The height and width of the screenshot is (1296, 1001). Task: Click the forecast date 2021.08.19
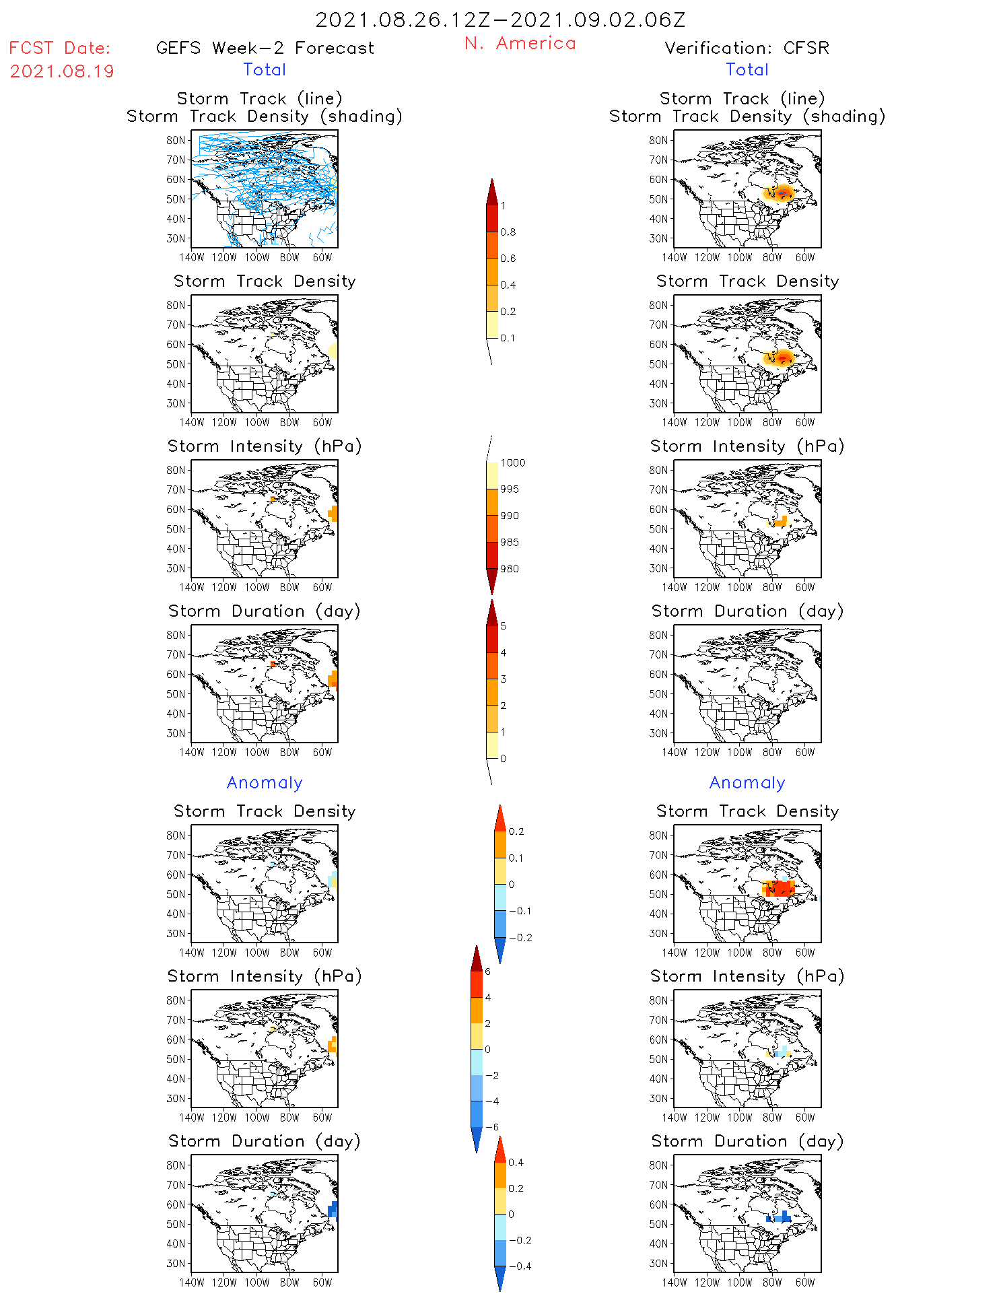(x=62, y=71)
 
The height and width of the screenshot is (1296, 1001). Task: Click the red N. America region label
(x=520, y=43)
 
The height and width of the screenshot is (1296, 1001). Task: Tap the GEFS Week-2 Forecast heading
(x=265, y=48)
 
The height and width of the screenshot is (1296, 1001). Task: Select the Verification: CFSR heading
(x=747, y=48)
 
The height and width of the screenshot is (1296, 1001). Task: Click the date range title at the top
(x=500, y=20)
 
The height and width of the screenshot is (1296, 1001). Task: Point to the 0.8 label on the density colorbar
(x=508, y=232)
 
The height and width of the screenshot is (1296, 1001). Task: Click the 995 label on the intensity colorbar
(x=510, y=489)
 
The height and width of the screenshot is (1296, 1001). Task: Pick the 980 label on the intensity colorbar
(x=510, y=569)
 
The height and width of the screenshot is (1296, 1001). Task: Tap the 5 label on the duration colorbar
(x=504, y=626)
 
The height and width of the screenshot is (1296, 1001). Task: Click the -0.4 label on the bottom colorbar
(x=520, y=1266)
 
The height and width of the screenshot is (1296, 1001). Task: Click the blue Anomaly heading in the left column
(x=265, y=782)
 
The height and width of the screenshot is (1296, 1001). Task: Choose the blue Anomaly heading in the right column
(x=747, y=782)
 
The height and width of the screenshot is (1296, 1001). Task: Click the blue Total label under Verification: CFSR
(x=747, y=69)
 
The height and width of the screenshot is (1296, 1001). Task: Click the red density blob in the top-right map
(x=783, y=194)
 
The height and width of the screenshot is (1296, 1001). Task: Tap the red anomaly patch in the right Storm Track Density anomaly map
(x=781, y=889)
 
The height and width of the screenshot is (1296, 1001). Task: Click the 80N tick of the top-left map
(x=176, y=140)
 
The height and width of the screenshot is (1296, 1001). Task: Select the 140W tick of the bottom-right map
(x=675, y=1283)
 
